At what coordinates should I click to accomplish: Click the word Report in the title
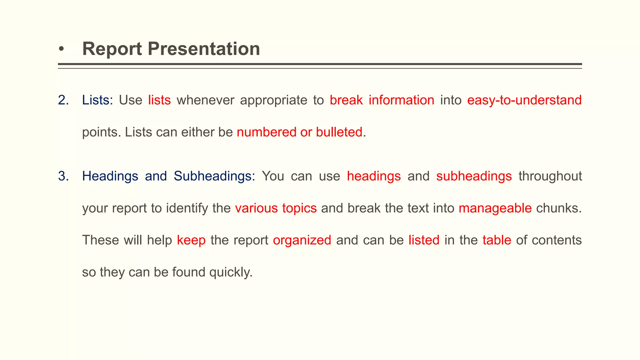(x=112, y=49)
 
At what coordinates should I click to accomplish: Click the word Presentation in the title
(x=203, y=49)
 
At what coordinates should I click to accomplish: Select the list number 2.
(x=63, y=100)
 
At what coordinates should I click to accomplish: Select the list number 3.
(x=63, y=176)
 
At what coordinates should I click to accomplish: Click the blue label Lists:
(x=97, y=100)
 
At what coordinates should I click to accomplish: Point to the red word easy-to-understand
(x=524, y=100)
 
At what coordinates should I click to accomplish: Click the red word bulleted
(x=339, y=132)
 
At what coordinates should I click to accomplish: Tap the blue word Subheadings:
(x=214, y=176)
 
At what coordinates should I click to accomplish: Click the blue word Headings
(x=110, y=176)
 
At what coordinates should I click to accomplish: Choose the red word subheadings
(x=474, y=176)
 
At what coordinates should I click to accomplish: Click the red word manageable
(x=495, y=208)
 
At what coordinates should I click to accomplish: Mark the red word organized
(x=302, y=240)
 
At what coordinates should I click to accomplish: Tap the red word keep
(x=191, y=240)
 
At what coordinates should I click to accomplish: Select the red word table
(x=497, y=240)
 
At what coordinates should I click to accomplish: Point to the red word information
(x=401, y=100)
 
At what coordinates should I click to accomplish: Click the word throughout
(x=550, y=176)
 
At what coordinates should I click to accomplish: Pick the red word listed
(x=424, y=240)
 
